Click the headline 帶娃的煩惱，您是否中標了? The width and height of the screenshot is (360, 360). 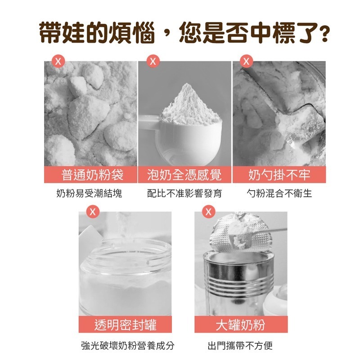(180, 33)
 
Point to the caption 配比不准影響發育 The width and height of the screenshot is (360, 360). (184, 194)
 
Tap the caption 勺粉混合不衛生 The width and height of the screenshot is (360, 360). (279, 194)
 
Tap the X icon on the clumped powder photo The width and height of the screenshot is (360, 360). (57, 61)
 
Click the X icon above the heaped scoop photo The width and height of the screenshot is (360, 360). (153, 61)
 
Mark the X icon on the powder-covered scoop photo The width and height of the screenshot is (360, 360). (246, 61)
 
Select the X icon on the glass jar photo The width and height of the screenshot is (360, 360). (93, 211)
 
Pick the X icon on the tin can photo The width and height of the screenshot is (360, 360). (208, 211)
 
